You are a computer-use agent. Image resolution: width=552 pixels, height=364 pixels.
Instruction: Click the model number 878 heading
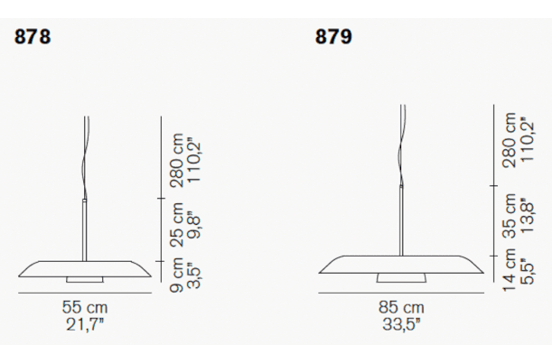click(33, 37)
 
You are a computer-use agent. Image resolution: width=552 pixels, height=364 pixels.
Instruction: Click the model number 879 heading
click(333, 37)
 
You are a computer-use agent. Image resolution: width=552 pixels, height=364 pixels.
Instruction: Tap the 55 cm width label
click(85, 307)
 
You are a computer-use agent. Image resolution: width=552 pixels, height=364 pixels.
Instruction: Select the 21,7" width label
click(85, 324)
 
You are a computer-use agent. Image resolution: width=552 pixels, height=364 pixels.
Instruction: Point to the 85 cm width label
click(401, 307)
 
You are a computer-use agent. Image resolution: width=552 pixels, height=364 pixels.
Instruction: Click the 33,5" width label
click(401, 324)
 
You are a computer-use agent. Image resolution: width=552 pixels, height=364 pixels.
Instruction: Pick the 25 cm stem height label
click(177, 225)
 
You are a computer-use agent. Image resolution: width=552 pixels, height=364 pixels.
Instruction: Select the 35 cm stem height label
click(510, 216)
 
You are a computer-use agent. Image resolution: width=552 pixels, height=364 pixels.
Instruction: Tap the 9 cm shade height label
click(177, 275)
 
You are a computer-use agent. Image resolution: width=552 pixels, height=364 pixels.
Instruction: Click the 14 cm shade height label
click(510, 269)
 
